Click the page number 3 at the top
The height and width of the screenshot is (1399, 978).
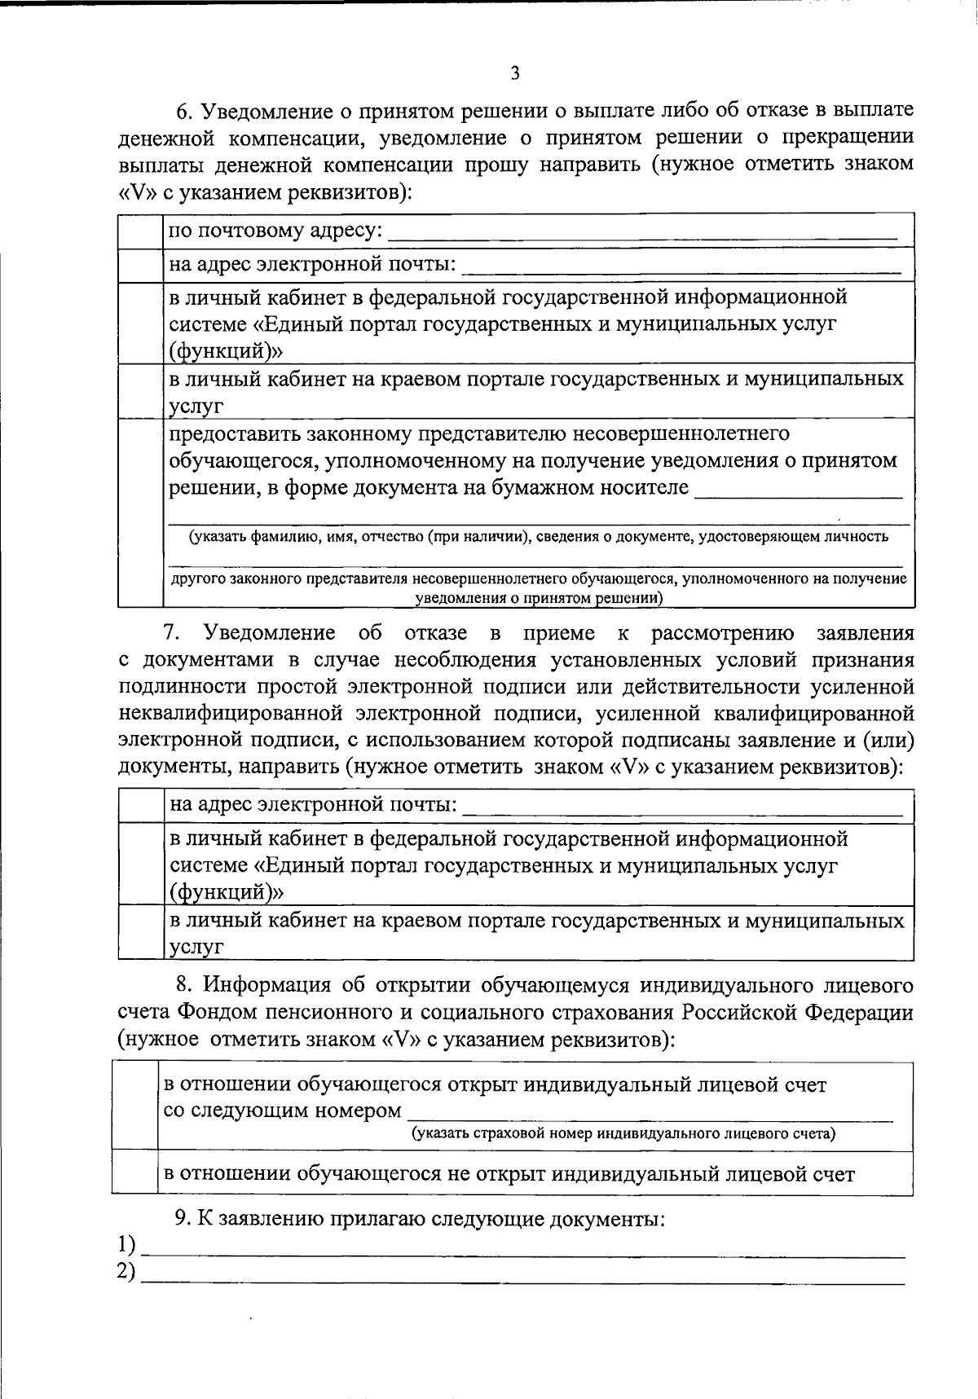coord(514,74)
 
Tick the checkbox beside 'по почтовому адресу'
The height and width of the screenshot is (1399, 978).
coord(140,231)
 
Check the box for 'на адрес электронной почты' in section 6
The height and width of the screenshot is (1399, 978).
coord(140,266)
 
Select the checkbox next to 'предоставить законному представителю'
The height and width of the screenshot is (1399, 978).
coord(140,513)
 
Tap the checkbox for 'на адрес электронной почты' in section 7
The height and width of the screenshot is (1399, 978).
coord(140,806)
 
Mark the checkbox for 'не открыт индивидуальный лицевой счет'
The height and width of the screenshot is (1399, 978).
coord(134,1174)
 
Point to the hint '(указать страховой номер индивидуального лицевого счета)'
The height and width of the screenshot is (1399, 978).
coord(623,1133)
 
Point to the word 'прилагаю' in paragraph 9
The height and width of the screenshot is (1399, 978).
coord(370,1220)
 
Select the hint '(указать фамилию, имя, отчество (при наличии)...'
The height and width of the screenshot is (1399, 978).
coord(538,537)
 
